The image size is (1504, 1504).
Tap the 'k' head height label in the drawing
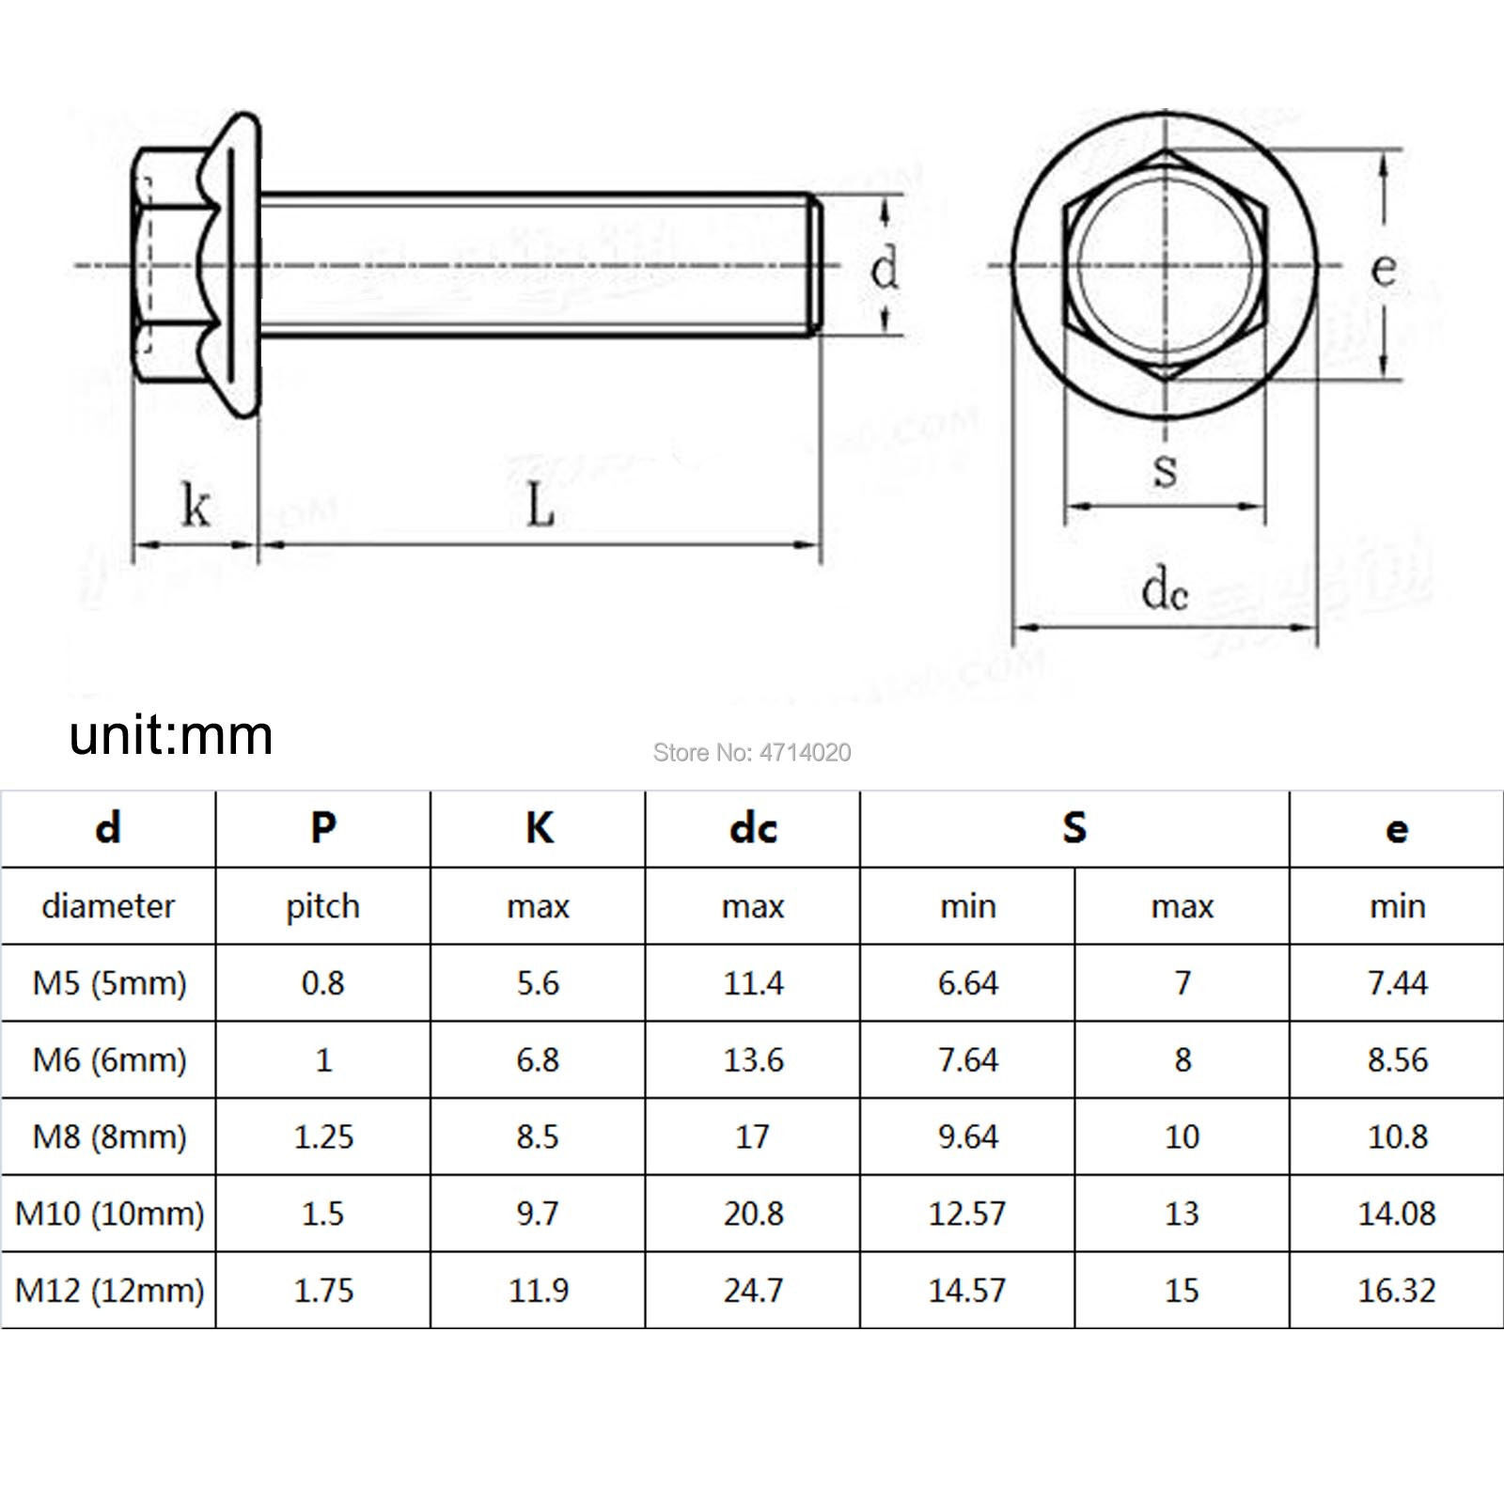point(195,505)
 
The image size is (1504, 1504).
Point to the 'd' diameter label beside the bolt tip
point(885,269)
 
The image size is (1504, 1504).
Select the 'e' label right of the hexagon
point(1383,269)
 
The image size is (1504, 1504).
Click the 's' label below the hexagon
point(1165,468)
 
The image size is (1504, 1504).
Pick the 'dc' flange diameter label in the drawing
point(1165,591)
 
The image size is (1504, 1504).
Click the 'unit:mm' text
point(171,734)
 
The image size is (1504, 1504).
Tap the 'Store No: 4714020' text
point(752,752)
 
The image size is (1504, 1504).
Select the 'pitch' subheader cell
point(322,906)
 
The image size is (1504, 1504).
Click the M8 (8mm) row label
point(109,1136)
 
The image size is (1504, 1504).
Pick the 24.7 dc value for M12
point(753,1291)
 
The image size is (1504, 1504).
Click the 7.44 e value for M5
point(1397,983)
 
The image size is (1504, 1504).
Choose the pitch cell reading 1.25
point(322,1136)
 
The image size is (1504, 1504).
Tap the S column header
point(1074,828)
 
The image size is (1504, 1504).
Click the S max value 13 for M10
point(1182,1214)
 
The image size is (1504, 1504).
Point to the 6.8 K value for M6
point(538,1060)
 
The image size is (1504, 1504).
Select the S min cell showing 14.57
point(967,1291)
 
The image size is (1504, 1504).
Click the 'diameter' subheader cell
point(109,906)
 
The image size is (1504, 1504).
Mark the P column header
point(322,828)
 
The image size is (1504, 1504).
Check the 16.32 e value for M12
point(1397,1291)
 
